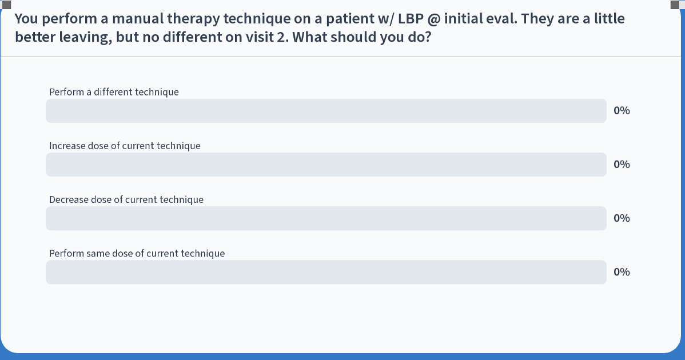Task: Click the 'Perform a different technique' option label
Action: [x=114, y=92]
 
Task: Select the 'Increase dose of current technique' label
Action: [x=125, y=146]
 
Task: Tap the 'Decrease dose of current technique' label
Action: [x=126, y=199]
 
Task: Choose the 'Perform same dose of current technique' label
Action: [x=137, y=254]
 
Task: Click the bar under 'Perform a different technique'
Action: [x=326, y=111]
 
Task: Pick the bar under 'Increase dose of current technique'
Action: [x=326, y=165]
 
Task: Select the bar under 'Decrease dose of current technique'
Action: [x=326, y=218]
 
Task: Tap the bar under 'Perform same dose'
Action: [x=326, y=273]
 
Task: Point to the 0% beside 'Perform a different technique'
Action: [x=622, y=111]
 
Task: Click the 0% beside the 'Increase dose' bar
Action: [x=622, y=165]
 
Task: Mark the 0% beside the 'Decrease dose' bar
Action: [x=622, y=218]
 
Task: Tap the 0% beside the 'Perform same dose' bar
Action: [x=622, y=273]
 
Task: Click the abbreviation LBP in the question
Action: [x=411, y=19]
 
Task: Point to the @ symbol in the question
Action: [x=434, y=19]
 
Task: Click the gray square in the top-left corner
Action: [x=6, y=5]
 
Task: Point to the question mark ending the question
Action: [x=428, y=38]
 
